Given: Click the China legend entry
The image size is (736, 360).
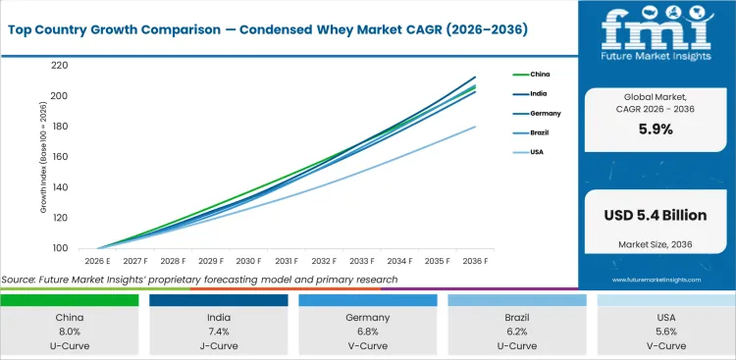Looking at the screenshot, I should click(x=539, y=75).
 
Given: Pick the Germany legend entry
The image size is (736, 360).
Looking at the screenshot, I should click(x=543, y=113).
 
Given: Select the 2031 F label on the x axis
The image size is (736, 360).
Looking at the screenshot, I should click(x=287, y=261).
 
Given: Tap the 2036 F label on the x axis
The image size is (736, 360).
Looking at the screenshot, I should click(x=477, y=261).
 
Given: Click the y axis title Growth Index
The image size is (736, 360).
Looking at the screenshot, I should click(x=44, y=157).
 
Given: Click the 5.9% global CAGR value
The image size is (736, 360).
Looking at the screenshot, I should click(x=656, y=129).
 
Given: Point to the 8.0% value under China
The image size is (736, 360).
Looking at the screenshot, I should click(x=69, y=333).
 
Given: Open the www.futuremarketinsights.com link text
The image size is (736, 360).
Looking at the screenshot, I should click(x=656, y=280).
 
